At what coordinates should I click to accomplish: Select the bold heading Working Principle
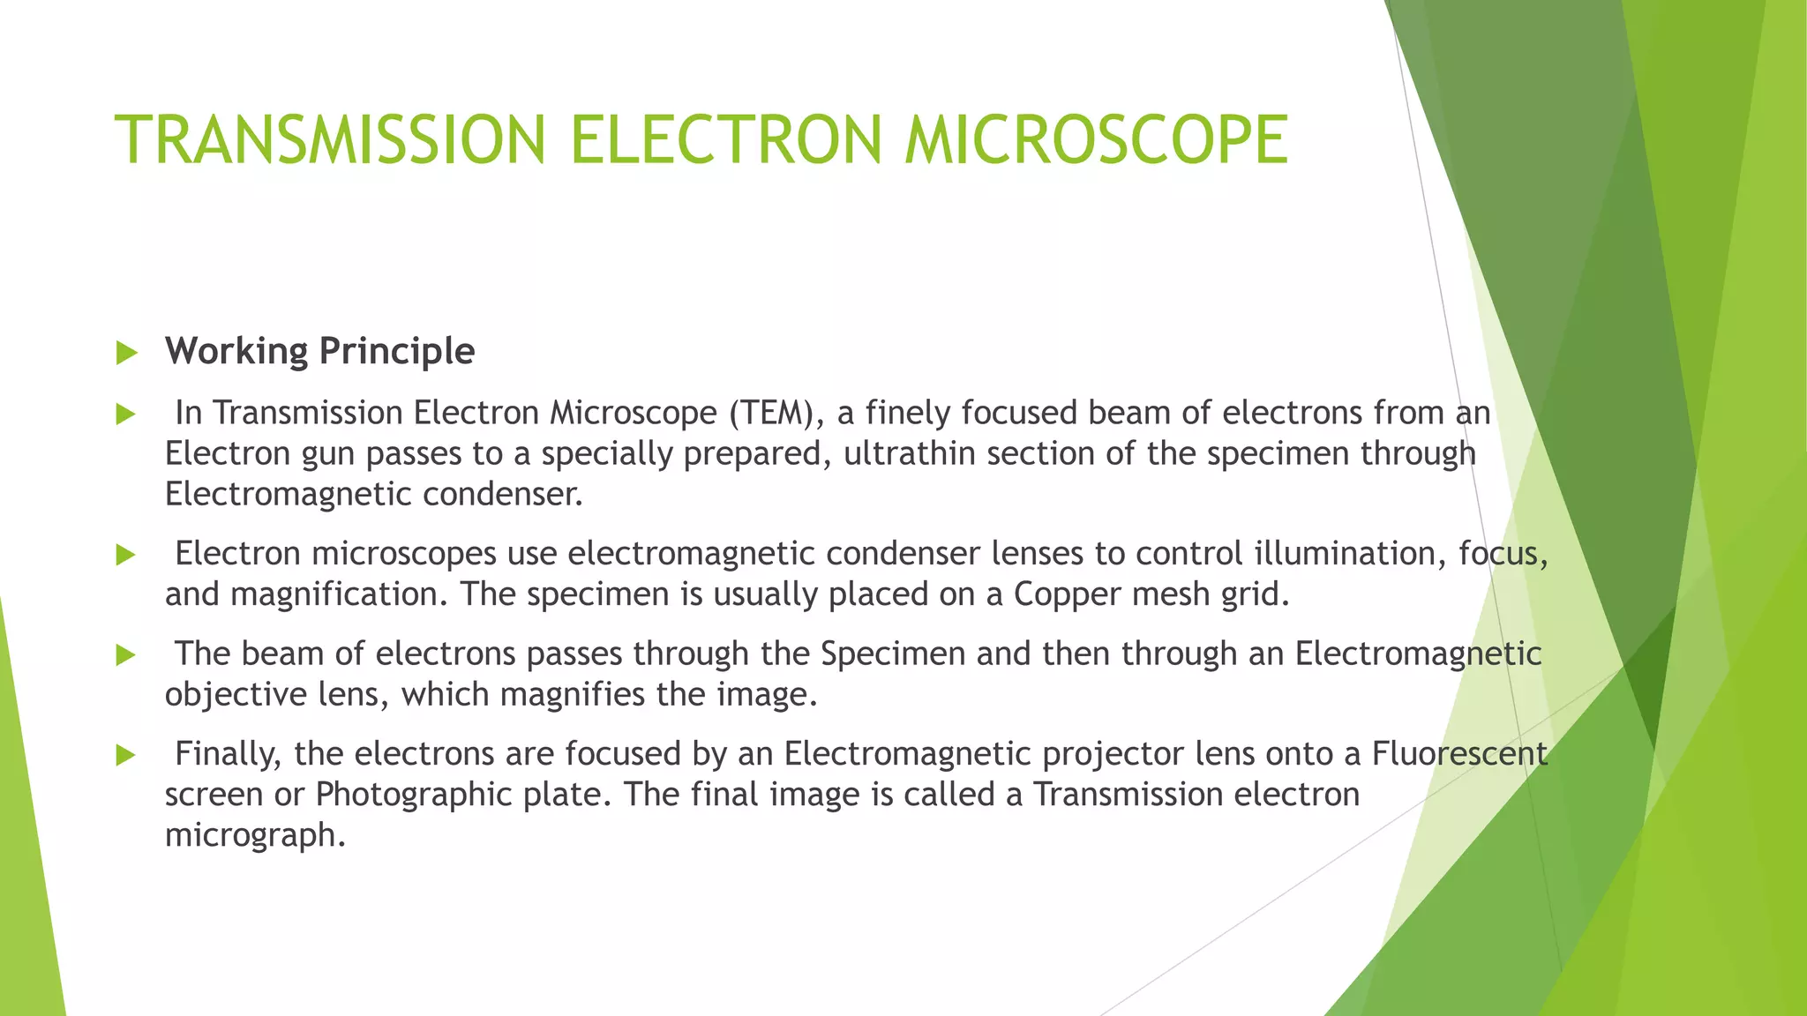point(319,351)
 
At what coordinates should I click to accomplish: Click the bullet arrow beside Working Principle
point(126,354)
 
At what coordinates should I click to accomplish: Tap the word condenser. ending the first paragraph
point(503,494)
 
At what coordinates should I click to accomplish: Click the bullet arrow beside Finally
point(126,756)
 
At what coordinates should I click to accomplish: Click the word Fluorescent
point(1459,754)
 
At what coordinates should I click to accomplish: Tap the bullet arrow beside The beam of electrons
point(126,655)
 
